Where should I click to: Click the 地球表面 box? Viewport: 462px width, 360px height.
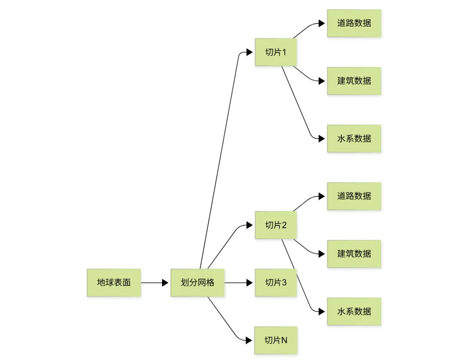pos(113,283)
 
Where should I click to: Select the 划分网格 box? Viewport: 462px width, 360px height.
pos(197,283)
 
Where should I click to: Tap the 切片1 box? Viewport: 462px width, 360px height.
pos(275,52)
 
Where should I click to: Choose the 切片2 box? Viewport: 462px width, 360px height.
pos(275,225)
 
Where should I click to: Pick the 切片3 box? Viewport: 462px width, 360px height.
pos(275,283)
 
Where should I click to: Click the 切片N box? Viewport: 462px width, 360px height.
pos(275,340)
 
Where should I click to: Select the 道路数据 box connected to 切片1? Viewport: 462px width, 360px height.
pos(354,23)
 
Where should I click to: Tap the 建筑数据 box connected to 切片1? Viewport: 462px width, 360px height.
pos(354,81)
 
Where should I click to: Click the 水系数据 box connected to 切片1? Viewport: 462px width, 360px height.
pos(354,139)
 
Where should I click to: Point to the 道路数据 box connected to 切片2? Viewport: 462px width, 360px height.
pos(354,196)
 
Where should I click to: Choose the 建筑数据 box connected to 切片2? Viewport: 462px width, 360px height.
pos(354,254)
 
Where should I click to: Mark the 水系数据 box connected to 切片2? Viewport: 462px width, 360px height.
pos(354,312)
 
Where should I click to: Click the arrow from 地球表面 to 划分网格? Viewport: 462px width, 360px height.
pos(154,283)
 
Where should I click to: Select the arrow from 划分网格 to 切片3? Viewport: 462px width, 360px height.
pos(238,283)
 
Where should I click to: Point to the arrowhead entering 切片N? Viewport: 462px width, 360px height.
pos(249,340)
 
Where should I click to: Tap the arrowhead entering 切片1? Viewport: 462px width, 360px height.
pos(249,52)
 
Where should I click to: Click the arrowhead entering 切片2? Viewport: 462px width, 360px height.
pos(249,225)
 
